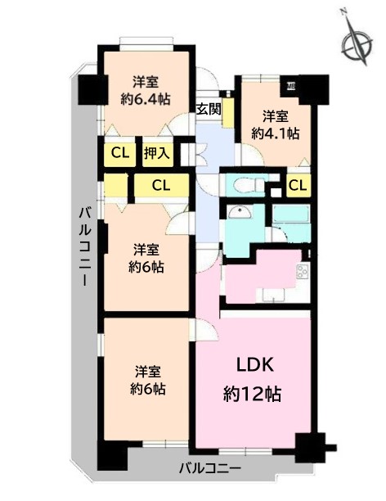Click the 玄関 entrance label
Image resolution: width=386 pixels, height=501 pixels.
pos(209,110)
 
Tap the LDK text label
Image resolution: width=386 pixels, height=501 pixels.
pos(255,364)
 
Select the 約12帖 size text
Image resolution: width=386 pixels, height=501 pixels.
pos(252,394)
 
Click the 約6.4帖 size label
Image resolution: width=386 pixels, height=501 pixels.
pos(146,99)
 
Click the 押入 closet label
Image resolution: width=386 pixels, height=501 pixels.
pos(156,153)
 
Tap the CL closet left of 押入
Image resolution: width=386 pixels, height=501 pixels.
pos(120,153)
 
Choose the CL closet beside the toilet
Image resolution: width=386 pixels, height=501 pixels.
pos(298,185)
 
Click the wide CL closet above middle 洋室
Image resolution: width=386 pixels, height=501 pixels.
pos(161,185)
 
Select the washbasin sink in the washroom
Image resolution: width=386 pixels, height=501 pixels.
pos(239,212)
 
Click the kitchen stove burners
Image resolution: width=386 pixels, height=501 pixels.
pos(303,272)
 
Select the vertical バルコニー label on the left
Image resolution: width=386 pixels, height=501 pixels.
pos(86,246)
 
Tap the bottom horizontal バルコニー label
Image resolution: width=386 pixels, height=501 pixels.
pos(209,469)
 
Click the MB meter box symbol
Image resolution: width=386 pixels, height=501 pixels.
pos(290,86)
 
